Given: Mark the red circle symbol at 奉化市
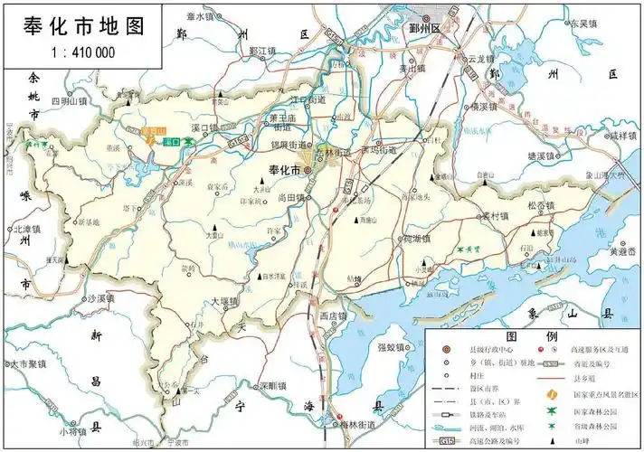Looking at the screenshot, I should pos(308,169).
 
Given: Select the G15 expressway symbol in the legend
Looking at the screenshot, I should pos(446,440).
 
